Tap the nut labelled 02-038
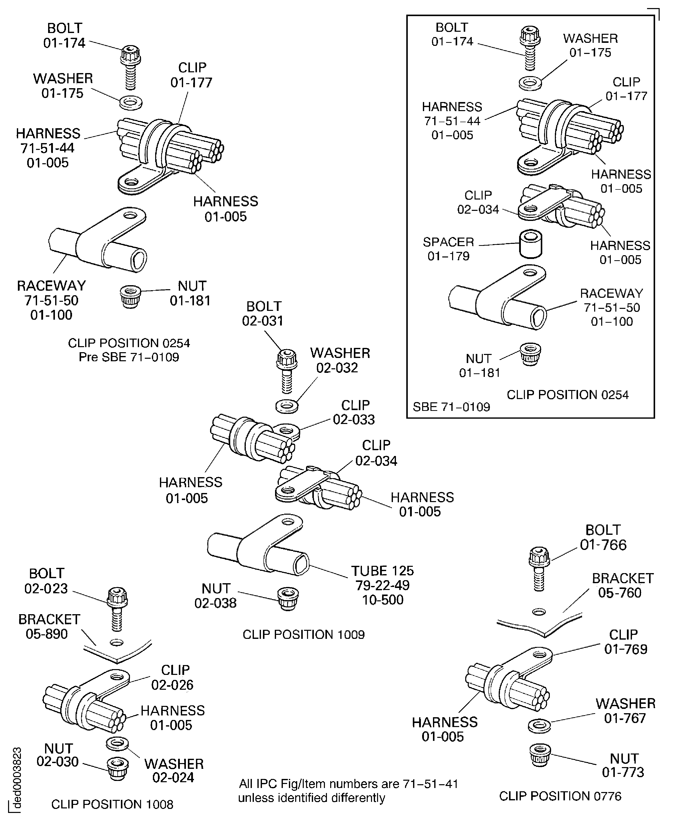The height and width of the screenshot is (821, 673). (x=288, y=599)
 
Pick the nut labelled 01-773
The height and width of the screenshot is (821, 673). (x=540, y=754)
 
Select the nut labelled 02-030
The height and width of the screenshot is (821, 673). (x=117, y=768)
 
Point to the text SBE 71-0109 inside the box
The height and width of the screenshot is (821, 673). (x=451, y=407)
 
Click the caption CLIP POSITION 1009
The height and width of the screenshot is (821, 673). (x=304, y=635)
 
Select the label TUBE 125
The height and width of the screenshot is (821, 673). (x=382, y=571)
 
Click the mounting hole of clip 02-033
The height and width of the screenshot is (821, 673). (x=286, y=430)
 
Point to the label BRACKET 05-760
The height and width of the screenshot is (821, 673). (x=622, y=586)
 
